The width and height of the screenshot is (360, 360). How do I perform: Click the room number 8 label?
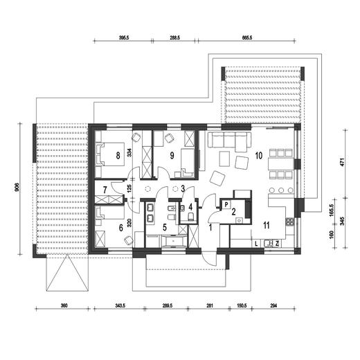pyautogui.click(x=118, y=156)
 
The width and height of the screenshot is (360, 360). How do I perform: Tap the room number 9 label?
pyautogui.click(x=172, y=156)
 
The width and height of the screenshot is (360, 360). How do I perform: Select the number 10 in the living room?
pyautogui.click(x=259, y=156)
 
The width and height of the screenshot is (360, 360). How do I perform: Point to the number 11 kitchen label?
pyautogui.click(x=267, y=225)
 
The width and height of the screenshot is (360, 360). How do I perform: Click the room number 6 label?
pyautogui.click(x=121, y=228)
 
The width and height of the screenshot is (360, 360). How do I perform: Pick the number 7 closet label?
pyautogui.click(x=105, y=190)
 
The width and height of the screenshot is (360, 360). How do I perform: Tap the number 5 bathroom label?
pyautogui.click(x=165, y=227)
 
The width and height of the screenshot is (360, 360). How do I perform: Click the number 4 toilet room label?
pyautogui.click(x=190, y=207)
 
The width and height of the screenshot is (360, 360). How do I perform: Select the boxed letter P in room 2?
pyautogui.click(x=226, y=204)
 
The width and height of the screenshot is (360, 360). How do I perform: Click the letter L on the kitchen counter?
pyautogui.click(x=256, y=244)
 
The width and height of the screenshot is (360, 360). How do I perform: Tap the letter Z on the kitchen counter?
pyautogui.click(x=277, y=244)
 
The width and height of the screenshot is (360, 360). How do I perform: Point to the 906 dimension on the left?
pyautogui.click(x=17, y=188)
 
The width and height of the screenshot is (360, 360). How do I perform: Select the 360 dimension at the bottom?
pyautogui.click(x=64, y=305)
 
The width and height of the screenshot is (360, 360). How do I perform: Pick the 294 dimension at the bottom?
pyautogui.click(x=273, y=305)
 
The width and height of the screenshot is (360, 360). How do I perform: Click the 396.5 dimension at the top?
pyautogui.click(x=124, y=38)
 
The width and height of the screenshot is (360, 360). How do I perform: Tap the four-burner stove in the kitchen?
pyautogui.click(x=290, y=222)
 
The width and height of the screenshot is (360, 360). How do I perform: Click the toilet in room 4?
pyautogui.click(x=191, y=217)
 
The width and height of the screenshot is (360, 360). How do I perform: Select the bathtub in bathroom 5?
pyautogui.click(x=174, y=241)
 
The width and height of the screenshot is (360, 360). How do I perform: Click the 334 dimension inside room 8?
pyautogui.click(x=129, y=152)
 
